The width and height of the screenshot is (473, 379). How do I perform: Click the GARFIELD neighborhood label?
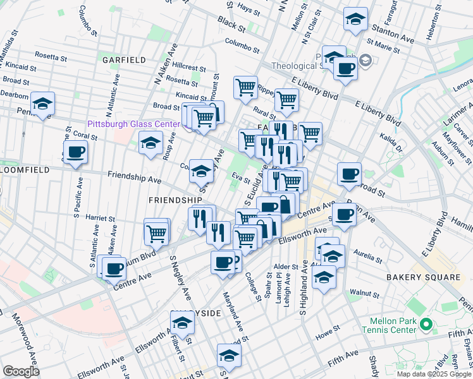124,60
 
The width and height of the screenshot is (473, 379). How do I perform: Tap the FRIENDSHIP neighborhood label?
175,200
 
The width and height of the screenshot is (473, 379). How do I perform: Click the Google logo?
21,371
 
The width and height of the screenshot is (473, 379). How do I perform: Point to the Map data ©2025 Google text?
434,374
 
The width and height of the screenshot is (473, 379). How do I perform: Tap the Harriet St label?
102,218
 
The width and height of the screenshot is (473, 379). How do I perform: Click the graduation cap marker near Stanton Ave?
355,19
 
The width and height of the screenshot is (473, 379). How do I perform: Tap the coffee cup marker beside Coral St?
75,153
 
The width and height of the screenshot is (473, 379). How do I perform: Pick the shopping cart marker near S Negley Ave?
156,232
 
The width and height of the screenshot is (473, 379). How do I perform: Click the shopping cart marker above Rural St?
286,99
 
